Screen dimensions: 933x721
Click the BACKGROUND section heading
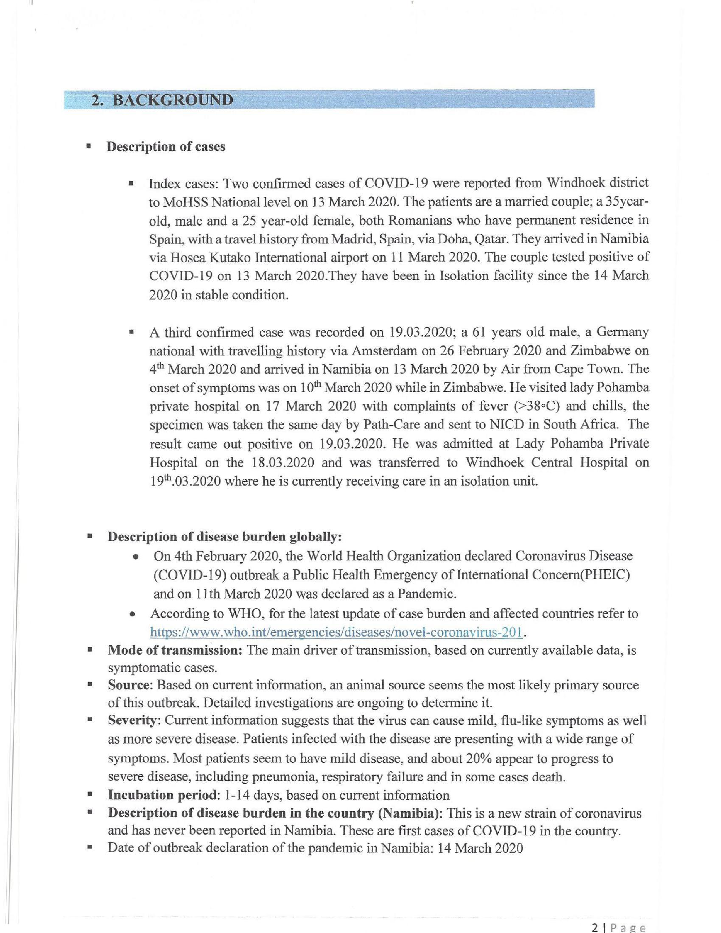click(162, 100)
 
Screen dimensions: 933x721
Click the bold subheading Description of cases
click(166, 147)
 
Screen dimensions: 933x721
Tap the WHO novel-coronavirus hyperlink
click(337, 632)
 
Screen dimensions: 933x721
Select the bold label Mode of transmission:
click(175, 651)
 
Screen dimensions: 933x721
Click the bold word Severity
click(132, 720)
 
